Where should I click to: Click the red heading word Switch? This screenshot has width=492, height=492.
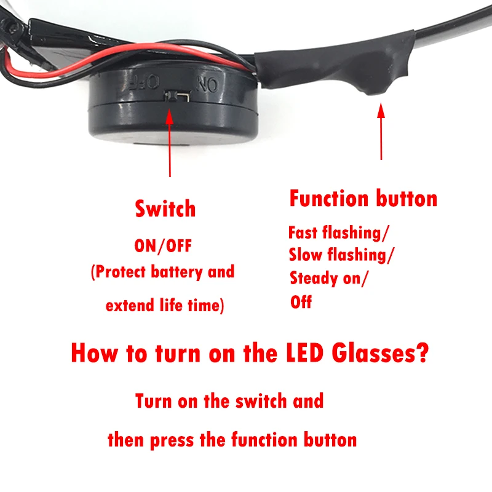(x=165, y=209)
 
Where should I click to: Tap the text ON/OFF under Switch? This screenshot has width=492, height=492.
(x=164, y=246)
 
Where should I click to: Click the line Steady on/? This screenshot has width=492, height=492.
(x=330, y=279)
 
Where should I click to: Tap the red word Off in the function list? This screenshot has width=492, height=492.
(x=301, y=302)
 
